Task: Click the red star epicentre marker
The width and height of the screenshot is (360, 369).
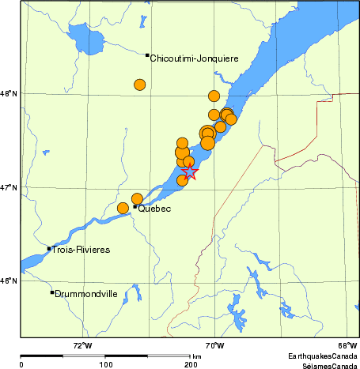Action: (x=190, y=172)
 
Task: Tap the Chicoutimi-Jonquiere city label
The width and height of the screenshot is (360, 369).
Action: (x=194, y=58)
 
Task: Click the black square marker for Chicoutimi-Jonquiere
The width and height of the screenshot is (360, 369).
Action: (x=147, y=55)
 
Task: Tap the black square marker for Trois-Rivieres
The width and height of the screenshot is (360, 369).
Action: (x=49, y=248)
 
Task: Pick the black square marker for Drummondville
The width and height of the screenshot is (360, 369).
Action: (x=52, y=292)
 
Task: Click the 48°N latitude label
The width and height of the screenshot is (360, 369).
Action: (x=9, y=94)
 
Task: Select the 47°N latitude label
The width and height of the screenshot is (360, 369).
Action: (x=9, y=187)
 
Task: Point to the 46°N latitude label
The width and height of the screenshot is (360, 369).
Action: (x=9, y=281)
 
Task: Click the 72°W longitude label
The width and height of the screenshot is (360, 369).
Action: (x=82, y=345)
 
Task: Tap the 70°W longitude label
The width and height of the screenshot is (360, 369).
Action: (x=214, y=345)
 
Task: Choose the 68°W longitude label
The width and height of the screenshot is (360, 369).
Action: (x=347, y=345)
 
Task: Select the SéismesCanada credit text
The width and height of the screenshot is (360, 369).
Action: (x=324, y=366)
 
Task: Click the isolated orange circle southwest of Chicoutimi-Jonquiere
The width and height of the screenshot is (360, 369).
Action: (x=140, y=85)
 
